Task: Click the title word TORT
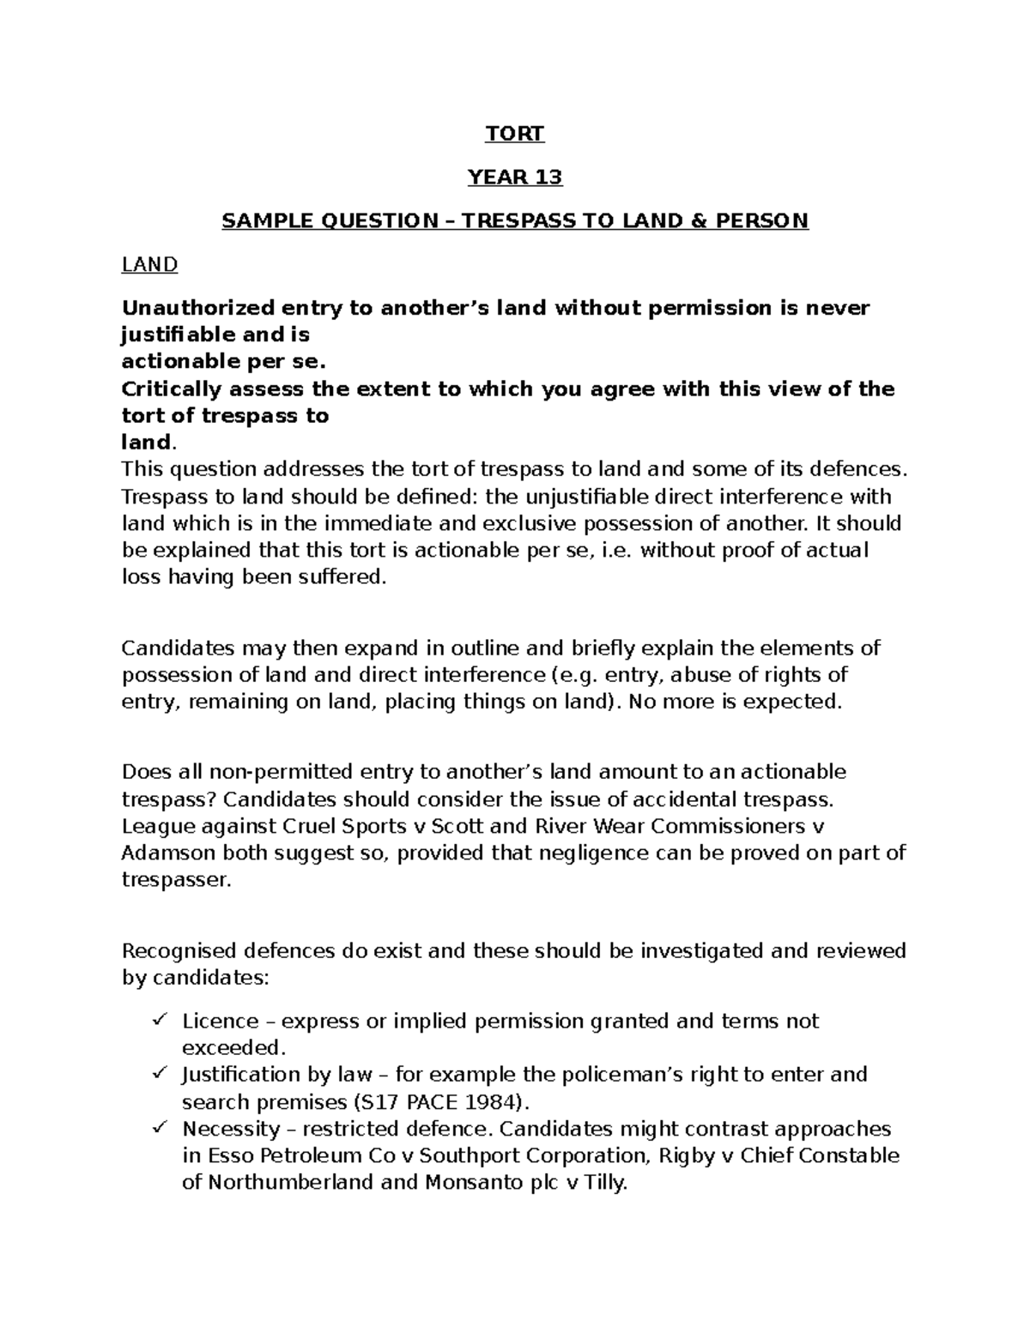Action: coord(514,134)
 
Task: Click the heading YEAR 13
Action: coord(514,178)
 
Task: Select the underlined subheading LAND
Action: coord(149,265)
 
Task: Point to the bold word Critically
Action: coord(165,389)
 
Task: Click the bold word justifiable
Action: coord(178,335)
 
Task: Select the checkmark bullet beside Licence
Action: coord(159,1021)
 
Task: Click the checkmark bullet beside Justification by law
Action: coord(159,1074)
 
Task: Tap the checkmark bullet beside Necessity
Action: coord(159,1128)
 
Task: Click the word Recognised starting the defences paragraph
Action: coord(175,951)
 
